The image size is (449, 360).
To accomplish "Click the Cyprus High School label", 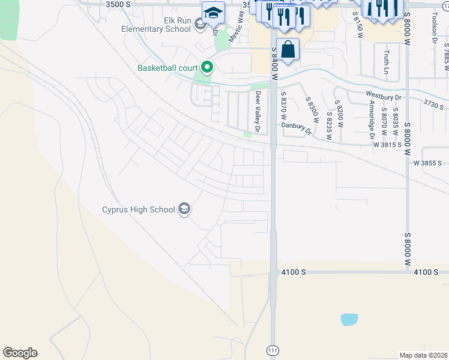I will click(x=137, y=209).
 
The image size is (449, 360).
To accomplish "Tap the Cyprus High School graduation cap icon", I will click(x=184, y=209).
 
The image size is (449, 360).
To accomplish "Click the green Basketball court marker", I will click(x=207, y=67).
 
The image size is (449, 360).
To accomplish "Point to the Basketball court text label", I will click(x=167, y=67).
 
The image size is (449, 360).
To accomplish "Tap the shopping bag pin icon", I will click(x=288, y=49).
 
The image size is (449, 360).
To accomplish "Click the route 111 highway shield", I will click(x=272, y=349).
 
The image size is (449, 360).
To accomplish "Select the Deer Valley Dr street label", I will click(x=258, y=112).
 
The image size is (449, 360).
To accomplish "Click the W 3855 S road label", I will click(x=427, y=163).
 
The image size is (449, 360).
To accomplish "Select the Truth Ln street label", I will click(x=387, y=62).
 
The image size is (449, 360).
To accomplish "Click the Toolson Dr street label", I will click(x=433, y=28).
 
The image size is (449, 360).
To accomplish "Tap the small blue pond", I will click(x=349, y=319).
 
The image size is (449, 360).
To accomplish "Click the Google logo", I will click(x=20, y=353).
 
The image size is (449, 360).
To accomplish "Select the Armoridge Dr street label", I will click(x=372, y=118).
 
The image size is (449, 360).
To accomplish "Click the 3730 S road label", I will click(x=433, y=104).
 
